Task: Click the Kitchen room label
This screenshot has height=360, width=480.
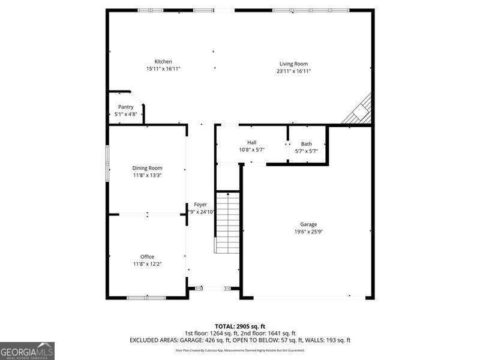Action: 163,61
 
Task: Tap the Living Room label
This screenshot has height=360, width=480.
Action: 293,64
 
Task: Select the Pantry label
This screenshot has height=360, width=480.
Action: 125,107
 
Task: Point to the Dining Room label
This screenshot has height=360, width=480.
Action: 148,168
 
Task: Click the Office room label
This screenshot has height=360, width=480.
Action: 147,257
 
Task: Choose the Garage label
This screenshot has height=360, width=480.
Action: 309,224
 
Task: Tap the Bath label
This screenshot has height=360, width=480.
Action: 307,144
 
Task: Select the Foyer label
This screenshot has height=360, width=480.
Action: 200,205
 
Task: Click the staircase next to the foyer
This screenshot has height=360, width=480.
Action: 227,222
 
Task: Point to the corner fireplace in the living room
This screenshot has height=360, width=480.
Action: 361,111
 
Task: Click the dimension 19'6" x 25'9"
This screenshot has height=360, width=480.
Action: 309,232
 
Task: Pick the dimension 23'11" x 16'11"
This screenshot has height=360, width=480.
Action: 293,71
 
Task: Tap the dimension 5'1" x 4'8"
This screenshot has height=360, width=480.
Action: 125,114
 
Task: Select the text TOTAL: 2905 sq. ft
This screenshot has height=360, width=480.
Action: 239,326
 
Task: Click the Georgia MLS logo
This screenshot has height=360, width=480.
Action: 27,350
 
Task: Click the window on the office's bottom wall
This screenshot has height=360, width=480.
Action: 146,297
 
